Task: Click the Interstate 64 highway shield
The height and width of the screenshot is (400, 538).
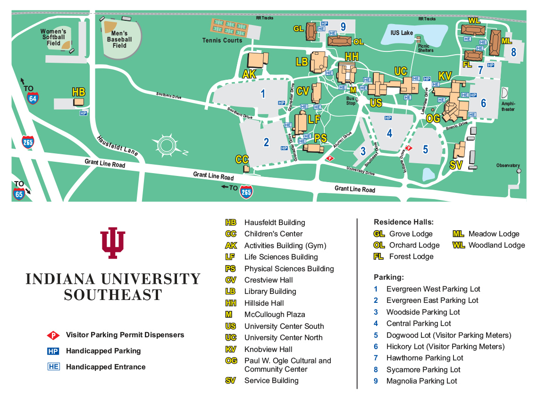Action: [33, 98]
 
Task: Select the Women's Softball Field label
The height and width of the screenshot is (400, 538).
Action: [53, 37]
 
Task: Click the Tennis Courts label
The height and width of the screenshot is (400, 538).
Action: [222, 41]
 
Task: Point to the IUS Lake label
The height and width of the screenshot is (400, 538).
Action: [402, 33]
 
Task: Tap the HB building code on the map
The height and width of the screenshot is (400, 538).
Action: [78, 92]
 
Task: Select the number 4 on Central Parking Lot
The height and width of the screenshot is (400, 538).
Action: [389, 133]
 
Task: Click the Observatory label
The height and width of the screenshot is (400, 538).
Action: [508, 166]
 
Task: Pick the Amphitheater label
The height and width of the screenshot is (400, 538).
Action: [509, 106]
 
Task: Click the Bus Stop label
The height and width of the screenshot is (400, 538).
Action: [351, 100]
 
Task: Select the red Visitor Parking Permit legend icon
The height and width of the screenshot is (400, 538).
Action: [53, 335]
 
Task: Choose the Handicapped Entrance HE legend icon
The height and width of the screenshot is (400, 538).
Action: [53, 367]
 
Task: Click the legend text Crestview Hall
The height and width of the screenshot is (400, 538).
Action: [268, 280]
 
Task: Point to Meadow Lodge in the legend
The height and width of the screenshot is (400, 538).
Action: [494, 234]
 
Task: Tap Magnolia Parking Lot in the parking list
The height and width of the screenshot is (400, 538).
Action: [421, 381]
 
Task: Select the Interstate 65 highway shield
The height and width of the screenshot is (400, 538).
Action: [19, 193]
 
